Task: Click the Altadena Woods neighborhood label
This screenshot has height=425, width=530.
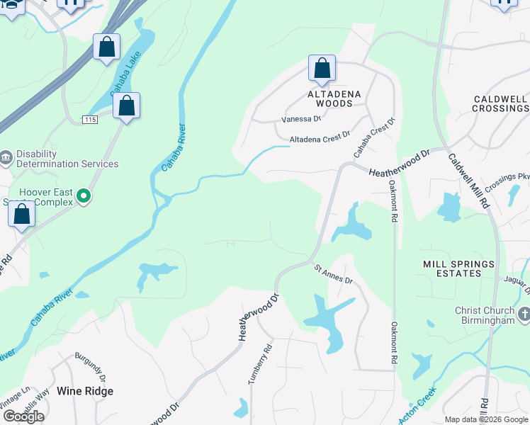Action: (x=334, y=98)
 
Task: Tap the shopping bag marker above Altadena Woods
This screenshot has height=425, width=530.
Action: (x=322, y=69)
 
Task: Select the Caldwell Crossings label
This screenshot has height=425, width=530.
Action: (x=501, y=103)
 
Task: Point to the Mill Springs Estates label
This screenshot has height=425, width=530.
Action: (x=458, y=269)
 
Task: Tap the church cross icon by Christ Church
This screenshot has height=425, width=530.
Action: (x=524, y=313)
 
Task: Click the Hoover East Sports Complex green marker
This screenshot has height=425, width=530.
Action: (x=84, y=195)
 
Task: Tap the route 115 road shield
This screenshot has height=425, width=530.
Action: (x=89, y=120)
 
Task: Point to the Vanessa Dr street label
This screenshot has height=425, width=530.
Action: (x=302, y=119)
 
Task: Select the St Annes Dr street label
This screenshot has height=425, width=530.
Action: (x=333, y=273)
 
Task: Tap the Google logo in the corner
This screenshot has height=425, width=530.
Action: (x=23, y=416)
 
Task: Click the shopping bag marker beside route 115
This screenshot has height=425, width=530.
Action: (x=126, y=106)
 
